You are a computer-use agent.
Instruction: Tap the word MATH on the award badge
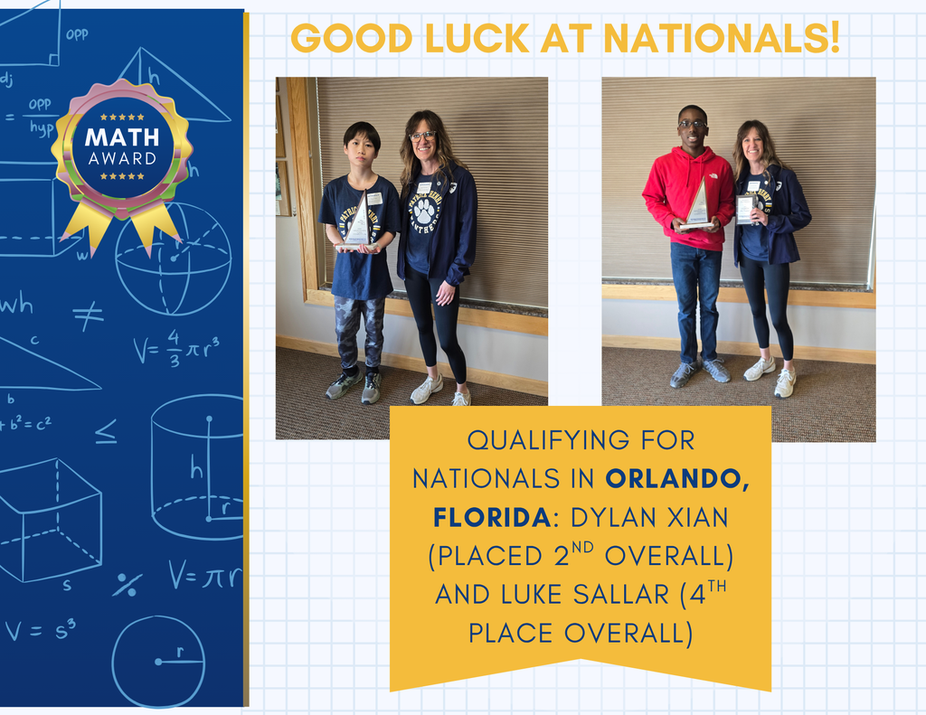pyautogui.click(x=122, y=137)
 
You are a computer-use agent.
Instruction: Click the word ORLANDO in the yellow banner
pyautogui.click(x=677, y=477)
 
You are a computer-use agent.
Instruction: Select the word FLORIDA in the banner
pyautogui.click(x=491, y=517)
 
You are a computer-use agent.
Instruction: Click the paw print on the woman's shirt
pyautogui.click(x=424, y=212)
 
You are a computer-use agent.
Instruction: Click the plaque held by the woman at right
pyautogui.click(x=746, y=209)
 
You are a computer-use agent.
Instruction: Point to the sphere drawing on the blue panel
pyautogui.click(x=173, y=259)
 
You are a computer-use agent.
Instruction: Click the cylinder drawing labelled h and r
pyautogui.click(x=197, y=466)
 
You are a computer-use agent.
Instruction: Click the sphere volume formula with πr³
pyautogui.click(x=176, y=349)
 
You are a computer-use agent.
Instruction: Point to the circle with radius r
pyautogui.click(x=158, y=661)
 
